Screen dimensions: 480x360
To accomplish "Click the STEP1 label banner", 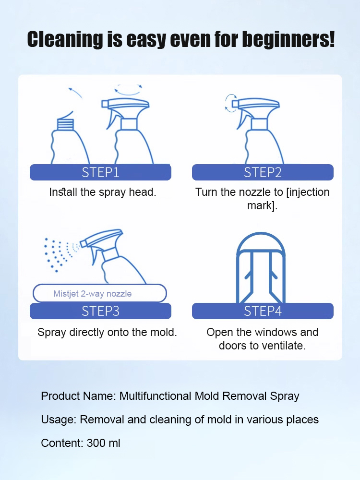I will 100,172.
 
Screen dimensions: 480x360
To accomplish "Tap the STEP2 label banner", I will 263,172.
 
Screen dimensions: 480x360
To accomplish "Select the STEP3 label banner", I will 100,311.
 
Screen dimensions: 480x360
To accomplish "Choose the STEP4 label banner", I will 263,311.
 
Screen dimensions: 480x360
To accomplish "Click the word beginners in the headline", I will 288,39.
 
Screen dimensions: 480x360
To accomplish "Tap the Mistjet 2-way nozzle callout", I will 99,293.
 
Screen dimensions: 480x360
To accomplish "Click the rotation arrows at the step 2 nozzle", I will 231,103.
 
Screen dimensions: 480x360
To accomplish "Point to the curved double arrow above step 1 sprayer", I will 128,90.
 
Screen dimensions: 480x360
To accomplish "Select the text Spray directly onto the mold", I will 107,332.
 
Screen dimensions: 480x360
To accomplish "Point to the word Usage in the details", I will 57,420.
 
